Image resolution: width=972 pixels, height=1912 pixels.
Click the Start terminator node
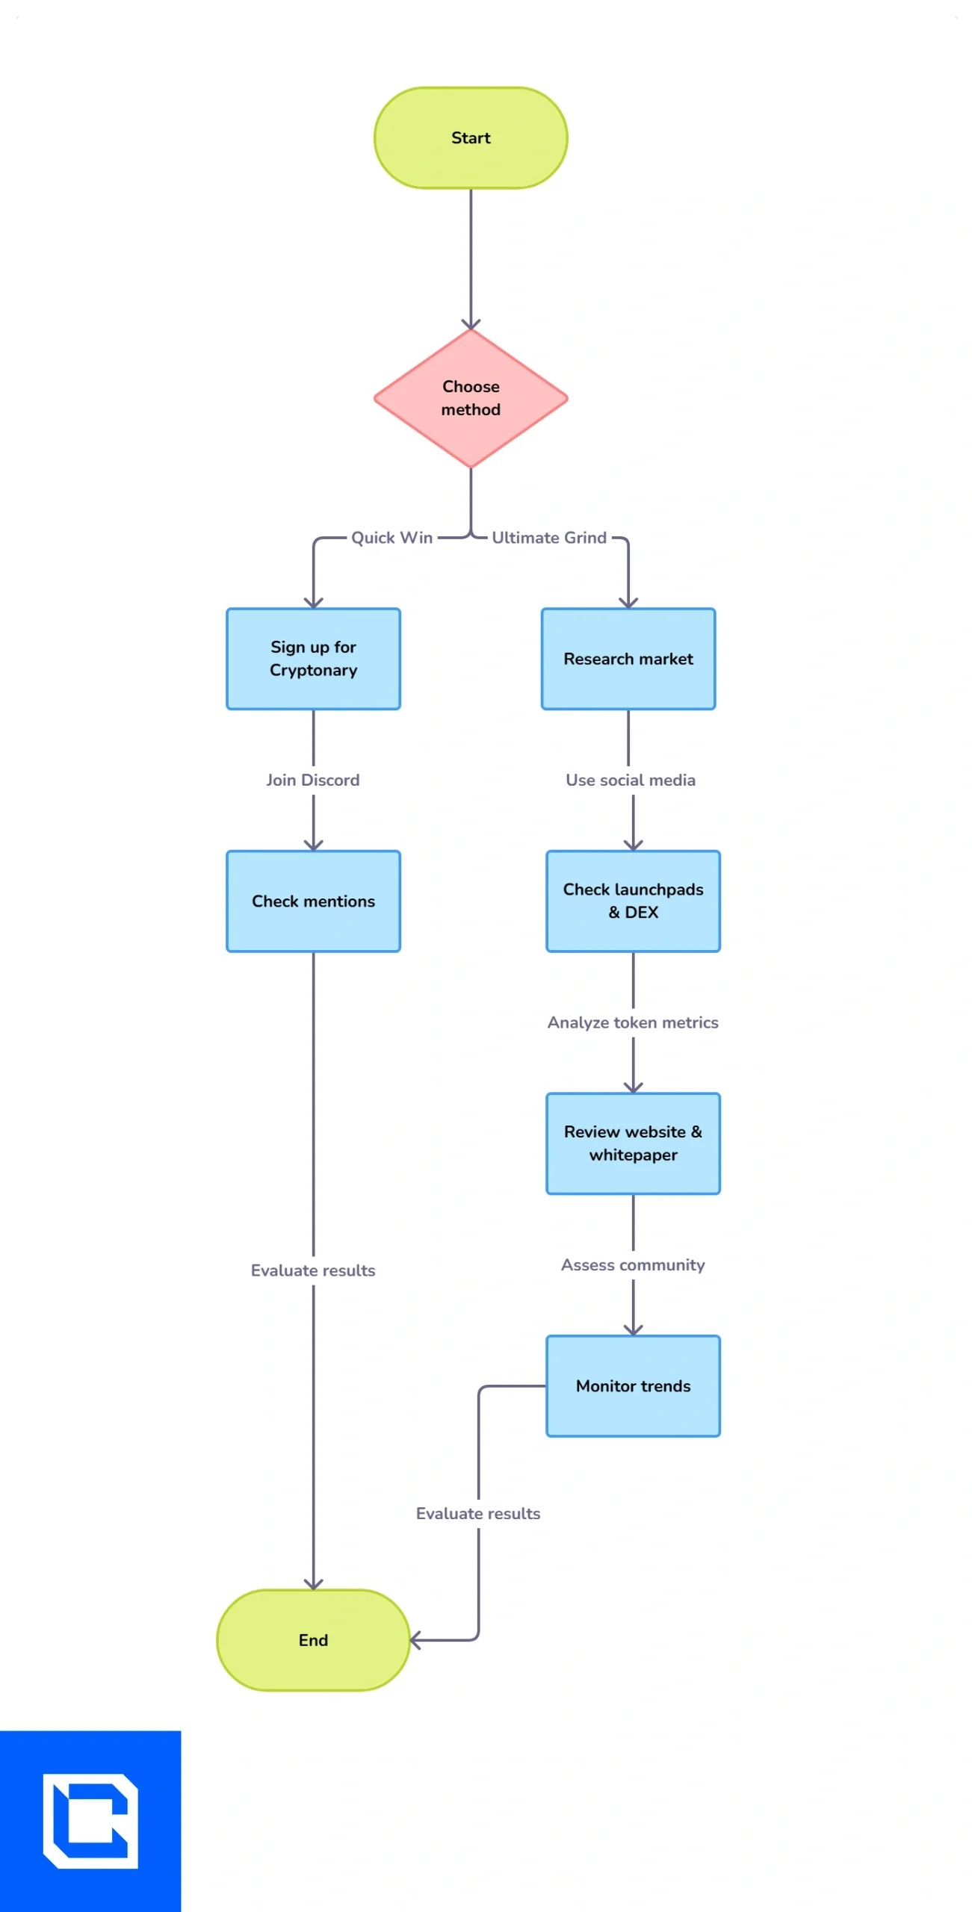pos(471,137)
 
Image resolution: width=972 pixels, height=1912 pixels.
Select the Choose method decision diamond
pos(471,398)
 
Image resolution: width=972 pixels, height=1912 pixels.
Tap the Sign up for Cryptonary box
pos(313,659)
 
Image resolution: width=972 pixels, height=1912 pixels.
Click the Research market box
pos(628,659)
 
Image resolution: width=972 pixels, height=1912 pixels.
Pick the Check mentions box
pos(313,901)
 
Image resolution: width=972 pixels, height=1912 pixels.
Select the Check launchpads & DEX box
pos(633,901)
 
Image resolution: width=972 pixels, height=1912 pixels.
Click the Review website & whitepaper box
pos(633,1143)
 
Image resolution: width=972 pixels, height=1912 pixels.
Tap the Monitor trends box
pos(633,1385)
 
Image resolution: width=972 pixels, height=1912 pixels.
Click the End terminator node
pos(313,1639)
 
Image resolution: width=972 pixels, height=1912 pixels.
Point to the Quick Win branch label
pos(391,538)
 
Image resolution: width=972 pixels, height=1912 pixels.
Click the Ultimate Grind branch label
pos(549,538)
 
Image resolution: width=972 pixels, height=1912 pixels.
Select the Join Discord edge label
pos(313,780)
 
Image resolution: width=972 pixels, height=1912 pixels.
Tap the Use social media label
pos(630,780)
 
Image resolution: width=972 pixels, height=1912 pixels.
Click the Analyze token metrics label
pos(633,1022)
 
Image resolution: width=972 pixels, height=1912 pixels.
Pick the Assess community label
pos(633,1264)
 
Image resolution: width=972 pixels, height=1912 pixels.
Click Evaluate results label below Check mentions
pos(313,1270)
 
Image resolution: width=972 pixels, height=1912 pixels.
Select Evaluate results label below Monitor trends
pos(478,1512)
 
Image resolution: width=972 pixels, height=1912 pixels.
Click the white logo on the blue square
pos(90,1820)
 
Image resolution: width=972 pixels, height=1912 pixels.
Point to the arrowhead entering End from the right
pos(415,1640)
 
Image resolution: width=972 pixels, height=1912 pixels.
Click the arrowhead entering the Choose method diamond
pos(471,324)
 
